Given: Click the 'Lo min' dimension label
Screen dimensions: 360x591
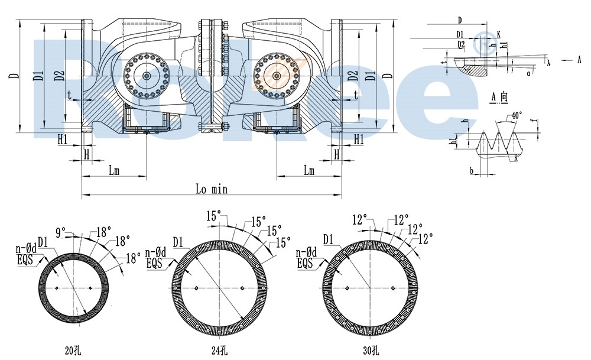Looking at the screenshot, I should [211, 190].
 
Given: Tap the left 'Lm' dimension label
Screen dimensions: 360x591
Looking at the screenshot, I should [114, 171].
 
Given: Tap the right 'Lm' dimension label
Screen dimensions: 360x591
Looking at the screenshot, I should [309, 171].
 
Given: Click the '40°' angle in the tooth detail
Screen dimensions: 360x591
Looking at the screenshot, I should [517, 115].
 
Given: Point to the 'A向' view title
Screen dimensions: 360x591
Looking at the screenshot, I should [499, 97].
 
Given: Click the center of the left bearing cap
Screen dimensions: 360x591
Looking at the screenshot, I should [146, 76].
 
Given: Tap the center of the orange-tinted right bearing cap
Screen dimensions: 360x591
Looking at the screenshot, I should [276, 76].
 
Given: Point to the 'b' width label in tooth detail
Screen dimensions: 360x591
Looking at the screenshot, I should [471, 170].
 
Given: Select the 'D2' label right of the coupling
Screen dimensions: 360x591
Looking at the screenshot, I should [353, 76].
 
